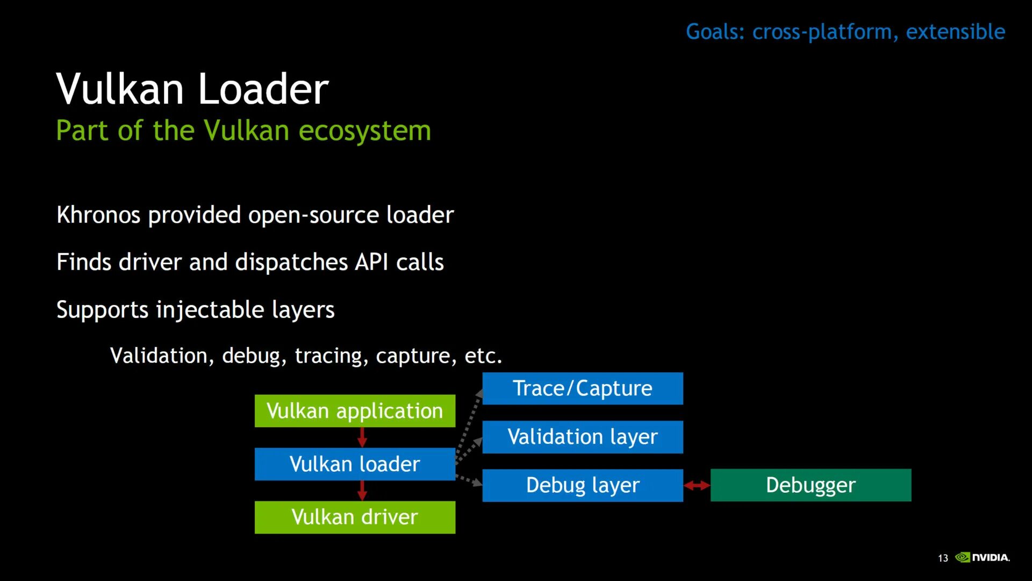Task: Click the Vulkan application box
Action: click(x=355, y=411)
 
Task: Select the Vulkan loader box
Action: click(x=355, y=464)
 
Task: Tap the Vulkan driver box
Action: click(x=355, y=517)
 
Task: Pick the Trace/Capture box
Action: click(x=583, y=388)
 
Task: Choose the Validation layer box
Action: click(x=583, y=437)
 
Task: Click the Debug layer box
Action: click(x=583, y=485)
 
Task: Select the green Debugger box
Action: click(x=811, y=485)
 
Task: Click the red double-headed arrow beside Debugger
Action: click(x=697, y=486)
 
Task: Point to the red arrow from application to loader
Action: click(x=362, y=437)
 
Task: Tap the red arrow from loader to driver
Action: click(x=362, y=490)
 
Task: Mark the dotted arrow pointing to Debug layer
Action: click(x=469, y=480)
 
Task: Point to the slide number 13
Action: click(x=943, y=558)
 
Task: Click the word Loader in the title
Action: click(x=263, y=89)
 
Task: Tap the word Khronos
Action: click(x=98, y=215)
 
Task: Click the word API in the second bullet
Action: click(x=371, y=263)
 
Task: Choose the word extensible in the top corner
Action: click(x=955, y=32)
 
